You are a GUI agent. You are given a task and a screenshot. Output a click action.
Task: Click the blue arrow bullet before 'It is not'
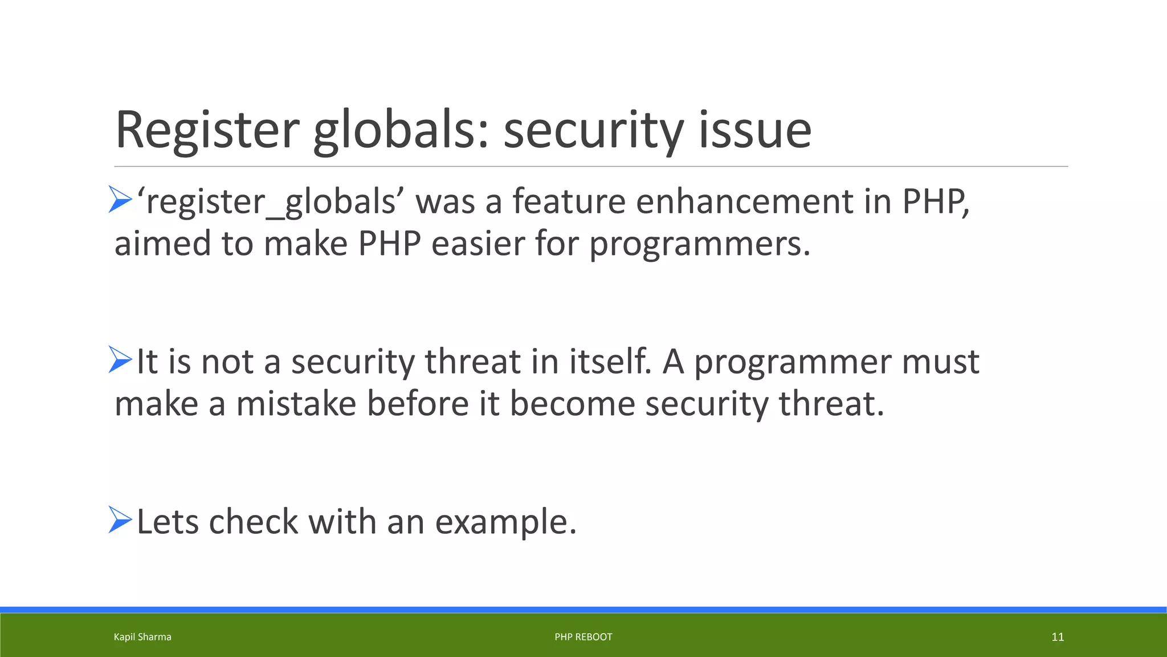pos(120,360)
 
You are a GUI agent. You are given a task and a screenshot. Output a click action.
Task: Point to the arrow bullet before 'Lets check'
pos(120,520)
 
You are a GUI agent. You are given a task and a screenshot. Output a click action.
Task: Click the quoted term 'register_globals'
pos(270,202)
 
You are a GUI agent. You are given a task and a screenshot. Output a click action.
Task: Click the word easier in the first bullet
pos(478,244)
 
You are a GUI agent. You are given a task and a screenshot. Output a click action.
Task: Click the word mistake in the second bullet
pos(296,404)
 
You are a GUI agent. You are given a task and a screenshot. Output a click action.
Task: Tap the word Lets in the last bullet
pos(168,521)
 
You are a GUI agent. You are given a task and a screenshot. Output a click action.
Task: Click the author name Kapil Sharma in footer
pos(142,637)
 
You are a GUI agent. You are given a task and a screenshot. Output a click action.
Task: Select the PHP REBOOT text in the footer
pos(583,637)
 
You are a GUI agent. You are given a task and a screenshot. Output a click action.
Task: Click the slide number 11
pos(1057,637)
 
